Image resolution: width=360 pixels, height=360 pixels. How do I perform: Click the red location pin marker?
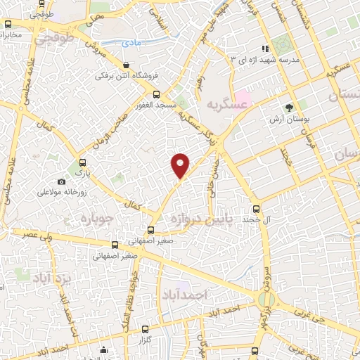(181, 165)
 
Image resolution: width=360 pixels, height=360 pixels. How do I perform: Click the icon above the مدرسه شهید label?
(264, 49)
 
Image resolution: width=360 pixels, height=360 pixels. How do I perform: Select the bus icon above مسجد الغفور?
(156, 94)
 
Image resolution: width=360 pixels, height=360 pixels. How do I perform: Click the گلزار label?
(146, 340)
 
